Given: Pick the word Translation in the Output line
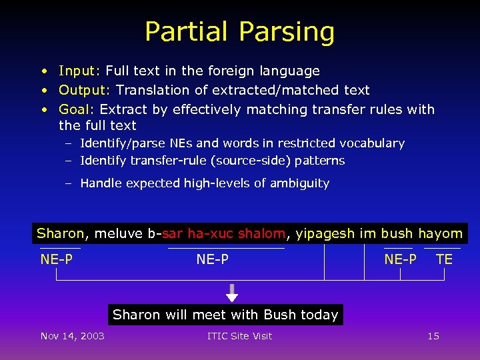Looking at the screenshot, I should point(150,90).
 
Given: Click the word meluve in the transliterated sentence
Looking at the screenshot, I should point(119,233).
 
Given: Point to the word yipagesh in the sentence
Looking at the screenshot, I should point(325,234).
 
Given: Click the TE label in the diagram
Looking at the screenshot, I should point(444,259).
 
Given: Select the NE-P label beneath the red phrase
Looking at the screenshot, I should point(212,259).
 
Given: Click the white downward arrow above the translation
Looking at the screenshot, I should point(231,293).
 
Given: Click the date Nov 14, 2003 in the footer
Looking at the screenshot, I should point(72,336).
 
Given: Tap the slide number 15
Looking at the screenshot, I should point(433,336).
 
